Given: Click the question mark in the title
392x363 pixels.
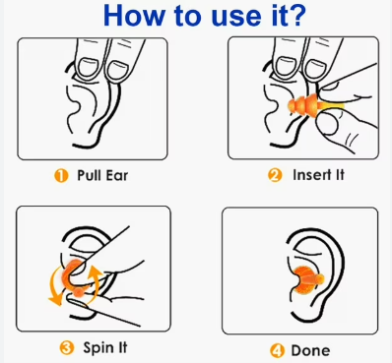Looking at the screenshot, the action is pyautogui.click(x=295, y=16).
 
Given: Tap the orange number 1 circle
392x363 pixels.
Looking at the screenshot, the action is pyautogui.click(x=61, y=176).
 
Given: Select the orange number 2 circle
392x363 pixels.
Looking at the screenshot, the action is pyautogui.click(x=275, y=175).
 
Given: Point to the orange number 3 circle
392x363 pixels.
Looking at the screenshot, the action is pyautogui.click(x=66, y=347).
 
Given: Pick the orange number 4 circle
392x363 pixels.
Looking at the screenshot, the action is pyautogui.click(x=278, y=351).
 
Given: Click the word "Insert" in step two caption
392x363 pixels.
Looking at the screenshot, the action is pyautogui.click(x=312, y=175).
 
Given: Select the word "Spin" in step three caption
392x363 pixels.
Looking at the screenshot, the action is pyautogui.click(x=98, y=348).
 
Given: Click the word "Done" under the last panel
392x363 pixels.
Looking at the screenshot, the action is pyautogui.click(x=310, y=351).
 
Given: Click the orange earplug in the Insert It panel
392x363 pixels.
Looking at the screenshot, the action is pyautogui.click(x=303, y=105).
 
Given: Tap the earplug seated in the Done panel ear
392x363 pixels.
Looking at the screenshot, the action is pyautogui.click(x=308, y=279).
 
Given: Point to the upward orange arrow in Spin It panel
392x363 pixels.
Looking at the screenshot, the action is pyautogui.click(x=96, y=282).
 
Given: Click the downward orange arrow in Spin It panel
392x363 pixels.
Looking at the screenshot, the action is pyautogui.click(x=55, y=285).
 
